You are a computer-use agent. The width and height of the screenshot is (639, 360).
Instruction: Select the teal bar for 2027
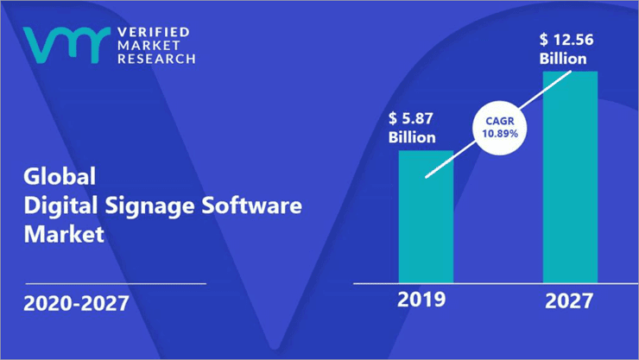point(569,176)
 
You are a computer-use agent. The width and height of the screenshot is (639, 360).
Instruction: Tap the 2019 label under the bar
point(421,300)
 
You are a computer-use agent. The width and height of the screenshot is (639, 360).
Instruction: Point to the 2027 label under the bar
point(569,300)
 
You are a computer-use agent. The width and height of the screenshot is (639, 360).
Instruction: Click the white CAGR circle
point(501,130)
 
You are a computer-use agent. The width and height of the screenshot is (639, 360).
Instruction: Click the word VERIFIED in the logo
point(152,32)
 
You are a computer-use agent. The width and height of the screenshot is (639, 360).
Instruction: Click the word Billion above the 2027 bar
point(564,59)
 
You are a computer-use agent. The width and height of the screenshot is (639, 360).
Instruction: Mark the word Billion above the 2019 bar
point(413,137)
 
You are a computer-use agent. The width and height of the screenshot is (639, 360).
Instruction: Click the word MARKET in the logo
point(145,46)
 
